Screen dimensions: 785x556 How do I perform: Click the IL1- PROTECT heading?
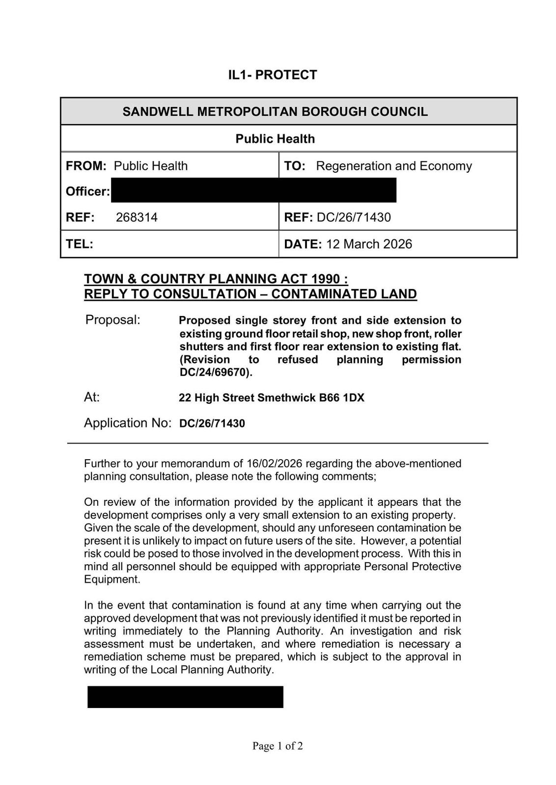273,75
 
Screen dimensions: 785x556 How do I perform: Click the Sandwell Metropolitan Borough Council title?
275,112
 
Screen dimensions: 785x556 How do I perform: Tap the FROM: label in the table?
86,166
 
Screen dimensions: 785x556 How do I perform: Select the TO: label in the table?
295,166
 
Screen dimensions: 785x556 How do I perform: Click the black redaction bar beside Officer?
253,190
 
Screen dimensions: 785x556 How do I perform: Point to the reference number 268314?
137,217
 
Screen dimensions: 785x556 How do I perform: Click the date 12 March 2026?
369,244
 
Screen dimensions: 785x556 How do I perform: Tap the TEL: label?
80,244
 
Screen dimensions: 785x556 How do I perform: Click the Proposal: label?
112,320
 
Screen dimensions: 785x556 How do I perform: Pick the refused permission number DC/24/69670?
215,372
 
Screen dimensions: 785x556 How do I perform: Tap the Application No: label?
127,423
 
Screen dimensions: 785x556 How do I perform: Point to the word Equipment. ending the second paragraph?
112,579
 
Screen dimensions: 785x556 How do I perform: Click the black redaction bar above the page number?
185,697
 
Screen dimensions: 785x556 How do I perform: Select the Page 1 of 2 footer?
278,746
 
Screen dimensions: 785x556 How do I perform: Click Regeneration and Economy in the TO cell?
393,166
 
